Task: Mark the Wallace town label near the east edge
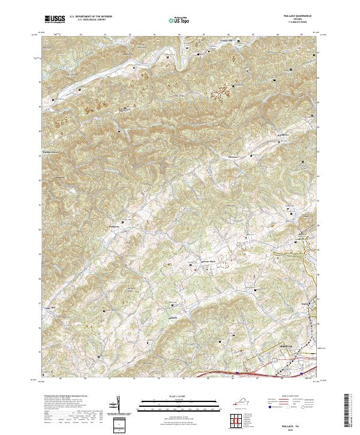(x=305, y=304)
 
